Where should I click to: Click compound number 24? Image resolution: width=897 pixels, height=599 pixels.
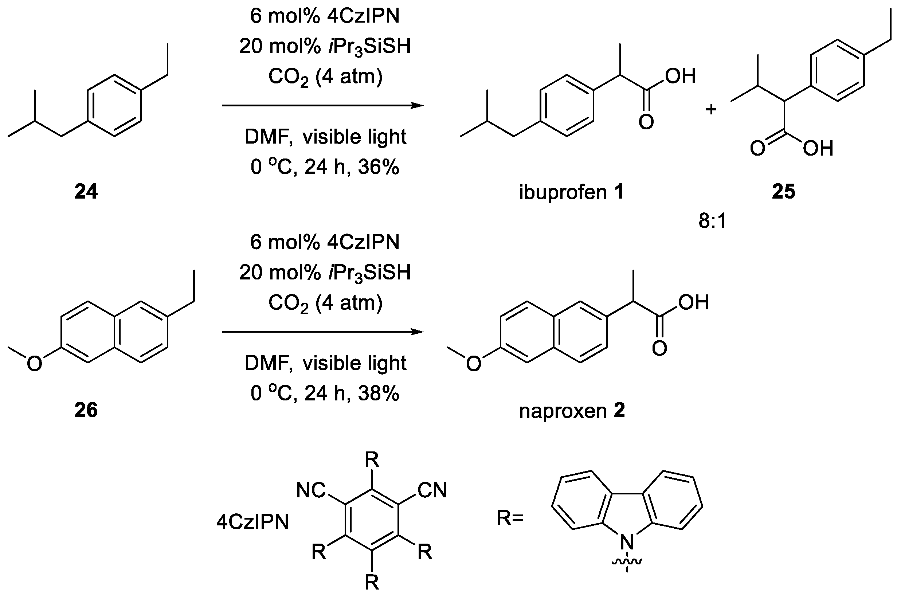[86, 191]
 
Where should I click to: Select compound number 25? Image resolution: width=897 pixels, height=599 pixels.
[784, 191]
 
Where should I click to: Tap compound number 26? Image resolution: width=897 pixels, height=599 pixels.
[86, 410]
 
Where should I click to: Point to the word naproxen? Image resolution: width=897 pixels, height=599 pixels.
[563, 411]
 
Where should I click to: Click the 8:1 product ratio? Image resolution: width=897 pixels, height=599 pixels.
[713, 221]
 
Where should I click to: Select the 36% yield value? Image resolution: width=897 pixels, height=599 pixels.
[379, 167]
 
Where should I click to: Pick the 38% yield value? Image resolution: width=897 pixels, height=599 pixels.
[379, 393]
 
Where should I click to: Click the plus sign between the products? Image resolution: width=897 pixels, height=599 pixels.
[711, 110]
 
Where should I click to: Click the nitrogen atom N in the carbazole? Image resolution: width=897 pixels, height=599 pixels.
[627, 542]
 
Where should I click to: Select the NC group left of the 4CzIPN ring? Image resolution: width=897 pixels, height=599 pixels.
[310, 490]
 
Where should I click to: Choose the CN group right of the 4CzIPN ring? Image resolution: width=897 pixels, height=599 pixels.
[432, 490]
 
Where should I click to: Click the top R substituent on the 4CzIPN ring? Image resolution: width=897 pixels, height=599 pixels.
[372, 459]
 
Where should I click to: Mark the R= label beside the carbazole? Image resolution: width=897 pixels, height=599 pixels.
[510, 518]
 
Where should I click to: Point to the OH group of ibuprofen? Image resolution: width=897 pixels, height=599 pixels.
[680, 76]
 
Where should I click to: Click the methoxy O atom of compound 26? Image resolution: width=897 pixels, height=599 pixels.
[34, 363]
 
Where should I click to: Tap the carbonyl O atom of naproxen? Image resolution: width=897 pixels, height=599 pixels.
[659, 348]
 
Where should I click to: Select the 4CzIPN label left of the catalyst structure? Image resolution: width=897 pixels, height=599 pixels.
[252, 522]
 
